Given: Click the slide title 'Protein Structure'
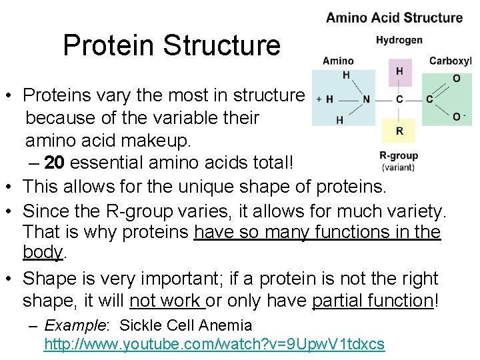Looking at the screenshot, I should point(171,46).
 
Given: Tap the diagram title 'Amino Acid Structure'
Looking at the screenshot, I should point(394,17).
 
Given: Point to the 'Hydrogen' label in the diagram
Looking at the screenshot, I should point(399,40).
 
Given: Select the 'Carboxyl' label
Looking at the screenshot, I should point(450,61).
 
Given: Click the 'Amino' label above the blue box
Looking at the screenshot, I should point(338,61).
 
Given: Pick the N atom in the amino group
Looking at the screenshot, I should point(366,99).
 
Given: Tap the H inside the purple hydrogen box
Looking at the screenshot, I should point(399,71).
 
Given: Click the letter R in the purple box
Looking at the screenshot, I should point(399,131).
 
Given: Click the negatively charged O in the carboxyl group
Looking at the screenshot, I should point(457,117).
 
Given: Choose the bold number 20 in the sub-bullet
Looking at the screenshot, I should point(56,163).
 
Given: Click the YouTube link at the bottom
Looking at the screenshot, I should point(214,344).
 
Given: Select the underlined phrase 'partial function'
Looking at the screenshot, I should point(372,301).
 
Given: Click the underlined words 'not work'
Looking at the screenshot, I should point(167,301).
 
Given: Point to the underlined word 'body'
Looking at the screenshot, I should point(42,253).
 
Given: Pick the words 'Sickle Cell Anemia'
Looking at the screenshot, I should point(185,326).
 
